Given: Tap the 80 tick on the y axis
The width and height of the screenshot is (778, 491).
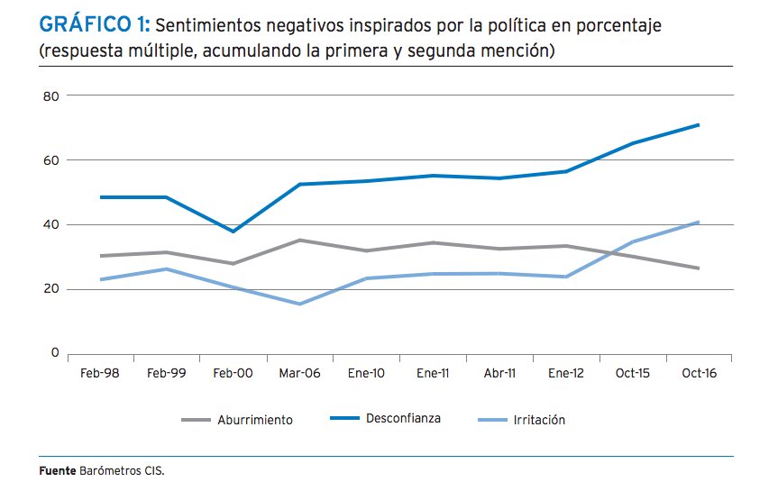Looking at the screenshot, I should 50,95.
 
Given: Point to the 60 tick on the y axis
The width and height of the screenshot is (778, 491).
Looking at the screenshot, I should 50,160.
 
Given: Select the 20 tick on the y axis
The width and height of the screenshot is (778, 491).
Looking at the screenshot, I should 50,289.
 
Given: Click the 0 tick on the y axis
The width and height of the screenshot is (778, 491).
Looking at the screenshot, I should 54,353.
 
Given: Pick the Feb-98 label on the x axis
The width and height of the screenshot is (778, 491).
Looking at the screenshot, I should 100,373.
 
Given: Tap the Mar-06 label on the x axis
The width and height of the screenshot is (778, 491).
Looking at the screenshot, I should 298,373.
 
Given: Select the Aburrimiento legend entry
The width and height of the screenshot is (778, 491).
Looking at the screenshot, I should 255,420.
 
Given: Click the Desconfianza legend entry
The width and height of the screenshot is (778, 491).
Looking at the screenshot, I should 403,419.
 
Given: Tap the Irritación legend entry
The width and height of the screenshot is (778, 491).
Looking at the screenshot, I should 538,420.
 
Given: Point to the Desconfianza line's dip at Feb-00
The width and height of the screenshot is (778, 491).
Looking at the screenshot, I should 233,232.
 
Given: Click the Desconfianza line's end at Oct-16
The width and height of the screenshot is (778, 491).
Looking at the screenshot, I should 699,124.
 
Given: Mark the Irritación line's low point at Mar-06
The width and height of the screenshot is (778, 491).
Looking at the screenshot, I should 299,304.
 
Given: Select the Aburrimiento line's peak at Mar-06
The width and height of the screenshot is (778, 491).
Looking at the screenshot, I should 299,240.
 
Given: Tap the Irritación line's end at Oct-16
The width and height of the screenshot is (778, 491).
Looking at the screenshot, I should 699,222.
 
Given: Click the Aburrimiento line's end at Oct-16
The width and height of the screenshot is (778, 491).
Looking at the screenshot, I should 699,268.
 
